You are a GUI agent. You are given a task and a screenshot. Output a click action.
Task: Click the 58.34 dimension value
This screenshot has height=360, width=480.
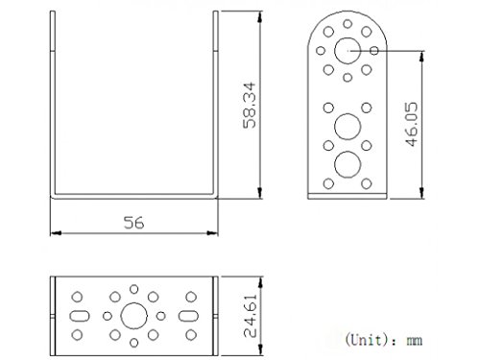(x=250, y=106)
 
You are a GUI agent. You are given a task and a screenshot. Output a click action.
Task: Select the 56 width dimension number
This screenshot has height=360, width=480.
(x=133, y=223)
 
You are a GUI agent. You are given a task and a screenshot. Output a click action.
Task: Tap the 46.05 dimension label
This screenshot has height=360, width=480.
(x=412, y=124)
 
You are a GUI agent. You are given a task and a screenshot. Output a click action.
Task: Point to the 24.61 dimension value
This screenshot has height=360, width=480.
(x=250, y=316)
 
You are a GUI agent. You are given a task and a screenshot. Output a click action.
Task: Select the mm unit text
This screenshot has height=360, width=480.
(x=415, y=341)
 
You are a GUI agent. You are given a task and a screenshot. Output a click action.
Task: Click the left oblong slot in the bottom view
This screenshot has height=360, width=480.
(x=80, y=316)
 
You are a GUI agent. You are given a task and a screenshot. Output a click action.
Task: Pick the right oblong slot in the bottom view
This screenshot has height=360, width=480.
(x=188, y=316)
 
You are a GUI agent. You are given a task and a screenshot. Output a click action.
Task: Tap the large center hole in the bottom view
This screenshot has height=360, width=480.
(x=133, y=316)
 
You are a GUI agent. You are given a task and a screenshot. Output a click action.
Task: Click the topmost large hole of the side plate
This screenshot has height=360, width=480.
(x=348, y=51)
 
